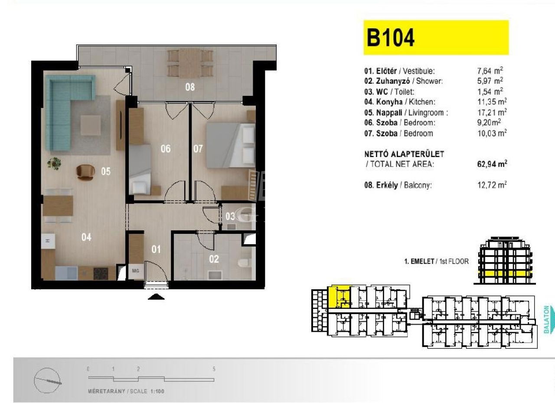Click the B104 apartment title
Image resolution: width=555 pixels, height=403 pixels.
(390, 38)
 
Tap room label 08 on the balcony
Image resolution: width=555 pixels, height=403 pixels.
(190, 87)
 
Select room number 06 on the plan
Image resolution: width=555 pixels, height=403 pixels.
(166, 149)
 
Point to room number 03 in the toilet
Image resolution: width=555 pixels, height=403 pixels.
(230, 216)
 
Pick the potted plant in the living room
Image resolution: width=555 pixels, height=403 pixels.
(54, 164)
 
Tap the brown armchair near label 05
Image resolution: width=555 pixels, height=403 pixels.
(85, 172)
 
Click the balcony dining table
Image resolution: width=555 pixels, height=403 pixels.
(190, 63)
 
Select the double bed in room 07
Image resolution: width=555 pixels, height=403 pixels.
(231, 145)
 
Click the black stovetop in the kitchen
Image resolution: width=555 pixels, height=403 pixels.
(101, 274)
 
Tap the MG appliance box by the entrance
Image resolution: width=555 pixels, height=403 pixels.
(136, 271)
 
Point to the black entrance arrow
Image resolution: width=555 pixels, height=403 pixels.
(156, 297)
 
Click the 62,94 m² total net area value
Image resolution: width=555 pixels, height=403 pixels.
(492, 164)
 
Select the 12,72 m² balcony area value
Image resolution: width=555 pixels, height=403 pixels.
(492, 185)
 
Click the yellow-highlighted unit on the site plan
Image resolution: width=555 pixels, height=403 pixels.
(339, 297)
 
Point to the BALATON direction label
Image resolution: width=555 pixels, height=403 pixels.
(546, 319)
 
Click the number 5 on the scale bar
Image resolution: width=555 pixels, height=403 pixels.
(214, 369)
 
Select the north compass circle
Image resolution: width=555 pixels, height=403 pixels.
(48, 380)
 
